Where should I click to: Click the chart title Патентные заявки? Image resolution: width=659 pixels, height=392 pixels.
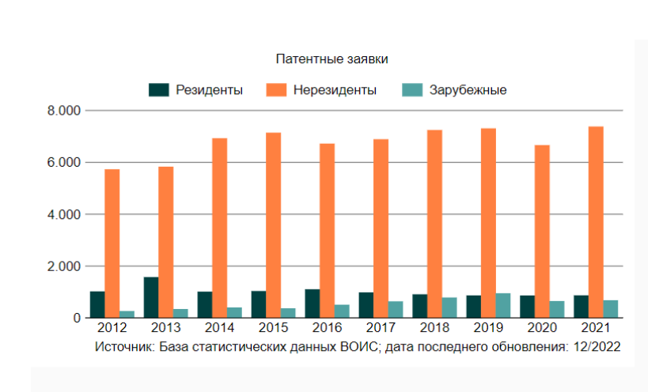332,59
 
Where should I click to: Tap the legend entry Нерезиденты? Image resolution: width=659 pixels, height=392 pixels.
335,90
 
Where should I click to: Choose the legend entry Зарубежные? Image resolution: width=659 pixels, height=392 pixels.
468,90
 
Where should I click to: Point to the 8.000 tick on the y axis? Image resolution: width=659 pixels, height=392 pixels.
65,111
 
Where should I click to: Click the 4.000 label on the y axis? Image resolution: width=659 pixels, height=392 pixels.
65,214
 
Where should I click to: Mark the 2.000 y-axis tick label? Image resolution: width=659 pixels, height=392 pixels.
65,266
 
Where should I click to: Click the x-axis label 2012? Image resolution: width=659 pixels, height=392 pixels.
112,326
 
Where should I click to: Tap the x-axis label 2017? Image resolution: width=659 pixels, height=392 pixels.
381,326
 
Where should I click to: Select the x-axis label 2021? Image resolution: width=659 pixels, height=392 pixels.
596,326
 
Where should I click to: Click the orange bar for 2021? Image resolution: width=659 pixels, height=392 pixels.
596,222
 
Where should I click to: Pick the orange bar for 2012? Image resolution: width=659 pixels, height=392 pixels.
112,243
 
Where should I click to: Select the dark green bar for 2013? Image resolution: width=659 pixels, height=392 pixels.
151,297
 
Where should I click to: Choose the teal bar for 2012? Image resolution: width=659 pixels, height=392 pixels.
127,314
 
